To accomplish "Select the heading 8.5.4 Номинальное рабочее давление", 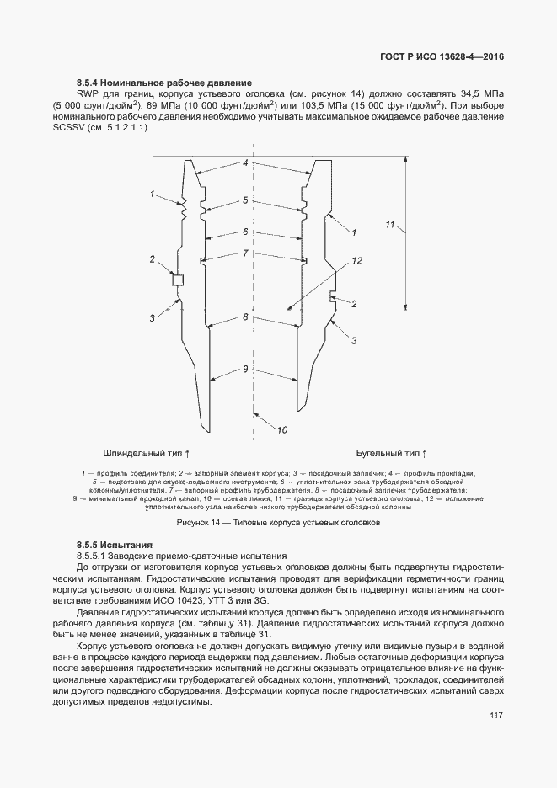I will click(164, 82).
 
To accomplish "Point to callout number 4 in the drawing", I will click(245, 162).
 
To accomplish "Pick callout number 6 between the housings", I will click(245, 231).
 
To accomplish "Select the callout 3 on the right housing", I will click(355, 340).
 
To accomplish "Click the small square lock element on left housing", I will click(178, 280).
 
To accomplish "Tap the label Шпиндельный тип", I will click(146, 451).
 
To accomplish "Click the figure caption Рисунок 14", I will click(278, 522).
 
